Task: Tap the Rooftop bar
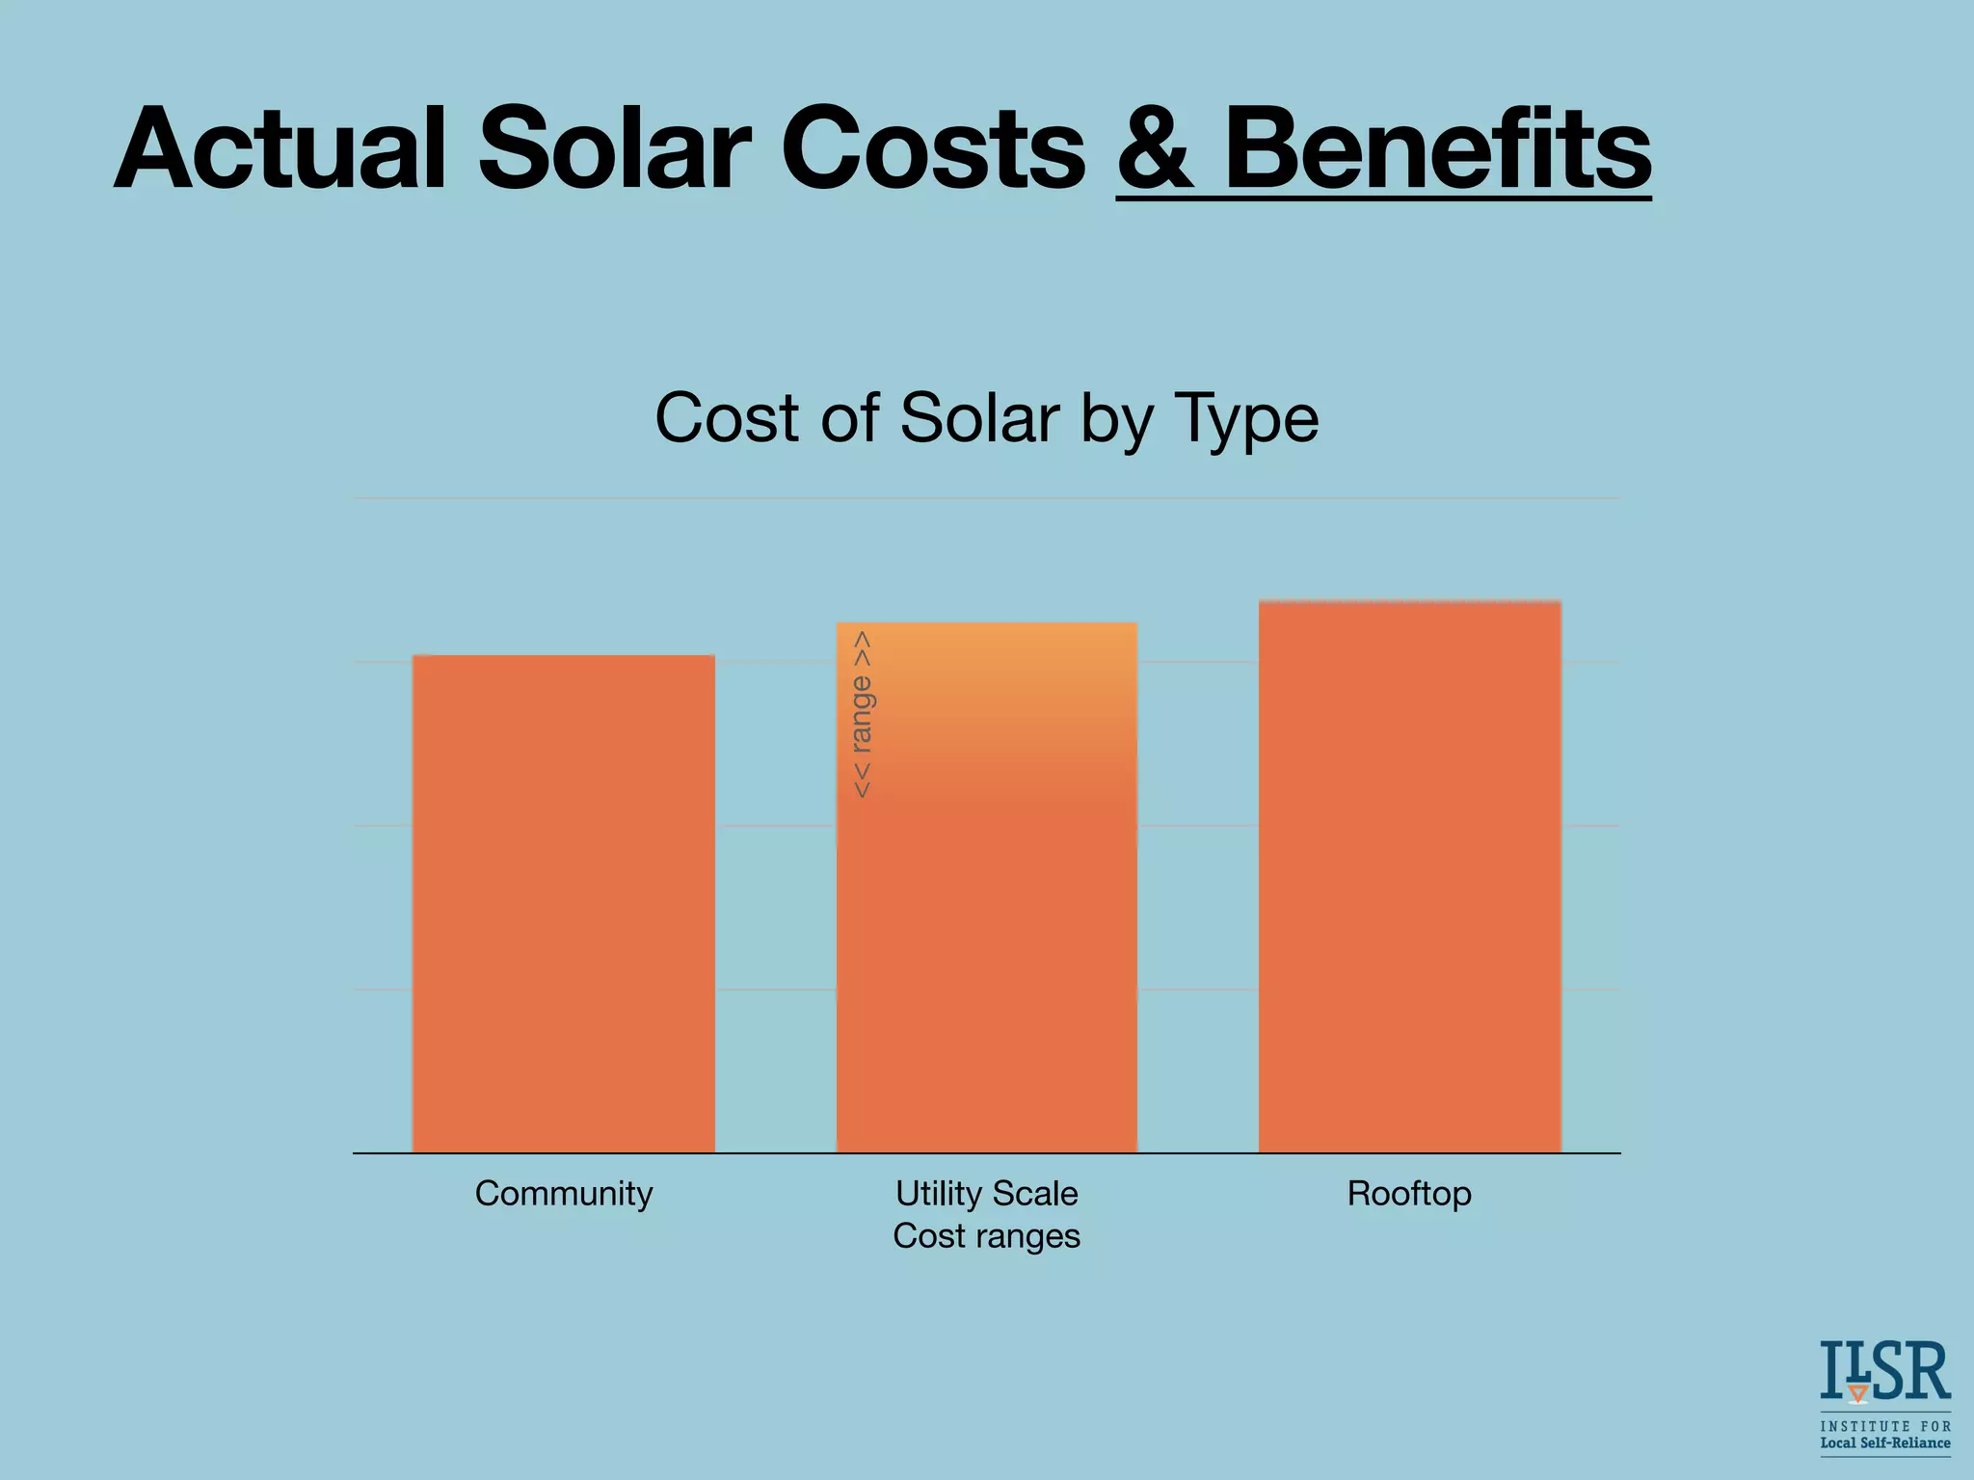[x=1409, y=877]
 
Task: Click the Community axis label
[x=564, y=1194]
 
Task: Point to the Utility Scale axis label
[x=986, y=1194]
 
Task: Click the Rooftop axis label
[x=1409, y=1194]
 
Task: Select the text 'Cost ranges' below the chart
[x=986, y=1236]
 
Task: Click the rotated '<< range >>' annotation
[x=862, y=714]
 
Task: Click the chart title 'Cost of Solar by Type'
[x=986, y=418]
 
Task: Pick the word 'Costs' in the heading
[x=933, y=149]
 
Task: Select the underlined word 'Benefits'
[x=1437, y=149]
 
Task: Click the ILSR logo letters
[x=1884, y=1371]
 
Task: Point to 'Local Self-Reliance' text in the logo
[x=1884, y=1443]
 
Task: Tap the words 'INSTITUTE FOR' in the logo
[x=1884, y=1426]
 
